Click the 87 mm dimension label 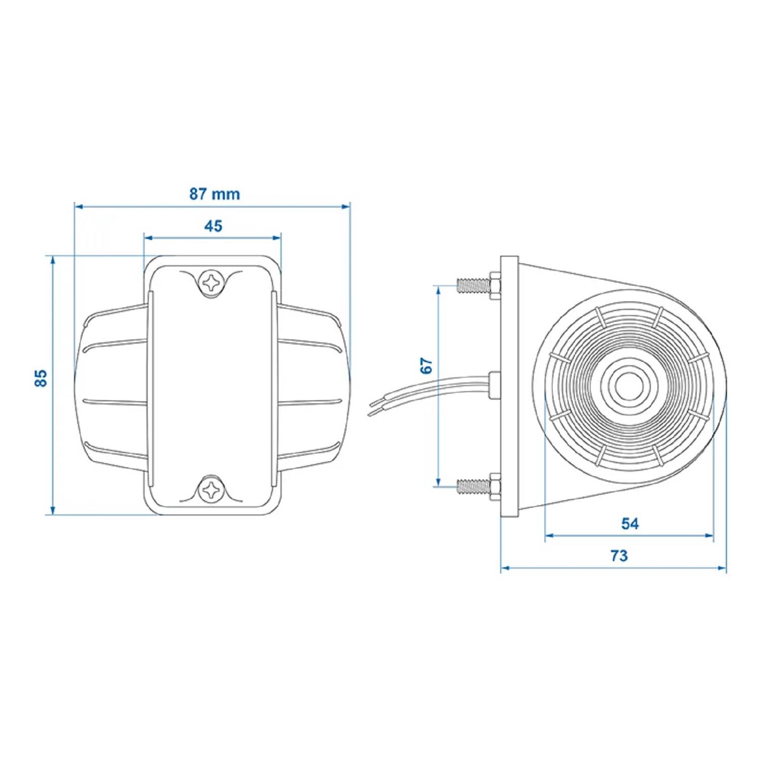pos(214,194)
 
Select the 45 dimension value pos(213,226)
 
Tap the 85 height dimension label pos(41,378)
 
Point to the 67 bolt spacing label pos(427,365)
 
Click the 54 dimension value pos(630,524)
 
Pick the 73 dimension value pos(619,556)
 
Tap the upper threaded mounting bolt pos(472,285)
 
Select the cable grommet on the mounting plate pos(494,385)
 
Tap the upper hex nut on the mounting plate pos(495,285)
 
